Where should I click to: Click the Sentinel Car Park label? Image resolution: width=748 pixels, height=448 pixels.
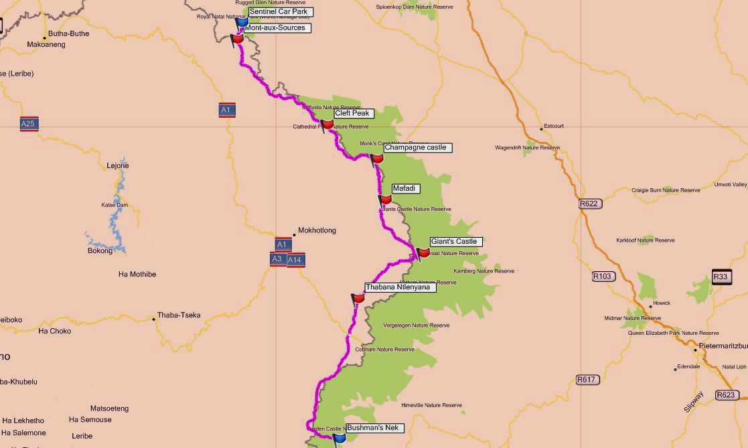coord(281,12)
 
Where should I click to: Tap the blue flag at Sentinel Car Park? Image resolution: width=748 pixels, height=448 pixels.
coord(242,22)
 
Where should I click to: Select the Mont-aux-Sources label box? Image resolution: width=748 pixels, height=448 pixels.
coord(275,28)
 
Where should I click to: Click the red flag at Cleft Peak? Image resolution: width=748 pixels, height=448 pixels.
coord(327,124)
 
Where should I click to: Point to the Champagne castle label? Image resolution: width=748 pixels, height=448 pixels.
coord(415,147)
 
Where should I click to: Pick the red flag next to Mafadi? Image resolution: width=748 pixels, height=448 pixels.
coord(385,200)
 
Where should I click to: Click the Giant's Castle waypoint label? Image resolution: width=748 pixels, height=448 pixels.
coord(454,242)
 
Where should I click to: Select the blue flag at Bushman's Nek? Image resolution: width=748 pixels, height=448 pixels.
coord(340,437)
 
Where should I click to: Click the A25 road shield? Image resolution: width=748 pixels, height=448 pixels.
coord(28,124)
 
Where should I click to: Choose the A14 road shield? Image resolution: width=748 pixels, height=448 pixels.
coord(296,260)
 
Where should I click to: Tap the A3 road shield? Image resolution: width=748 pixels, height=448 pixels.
coord(277,259)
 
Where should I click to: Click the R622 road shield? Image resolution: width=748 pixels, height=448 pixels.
coord(589,204)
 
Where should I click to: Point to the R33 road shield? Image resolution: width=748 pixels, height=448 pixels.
coord(721,277)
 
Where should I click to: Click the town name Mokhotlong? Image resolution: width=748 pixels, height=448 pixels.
coord(317,230)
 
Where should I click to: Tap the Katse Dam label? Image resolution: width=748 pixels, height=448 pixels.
coord(115,205)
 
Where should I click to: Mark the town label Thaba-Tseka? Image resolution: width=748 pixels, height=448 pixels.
coord(179,315)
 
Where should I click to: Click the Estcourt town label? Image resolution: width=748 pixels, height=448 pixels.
coord(554,126)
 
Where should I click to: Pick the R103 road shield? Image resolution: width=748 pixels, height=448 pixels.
coord(603,276)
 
